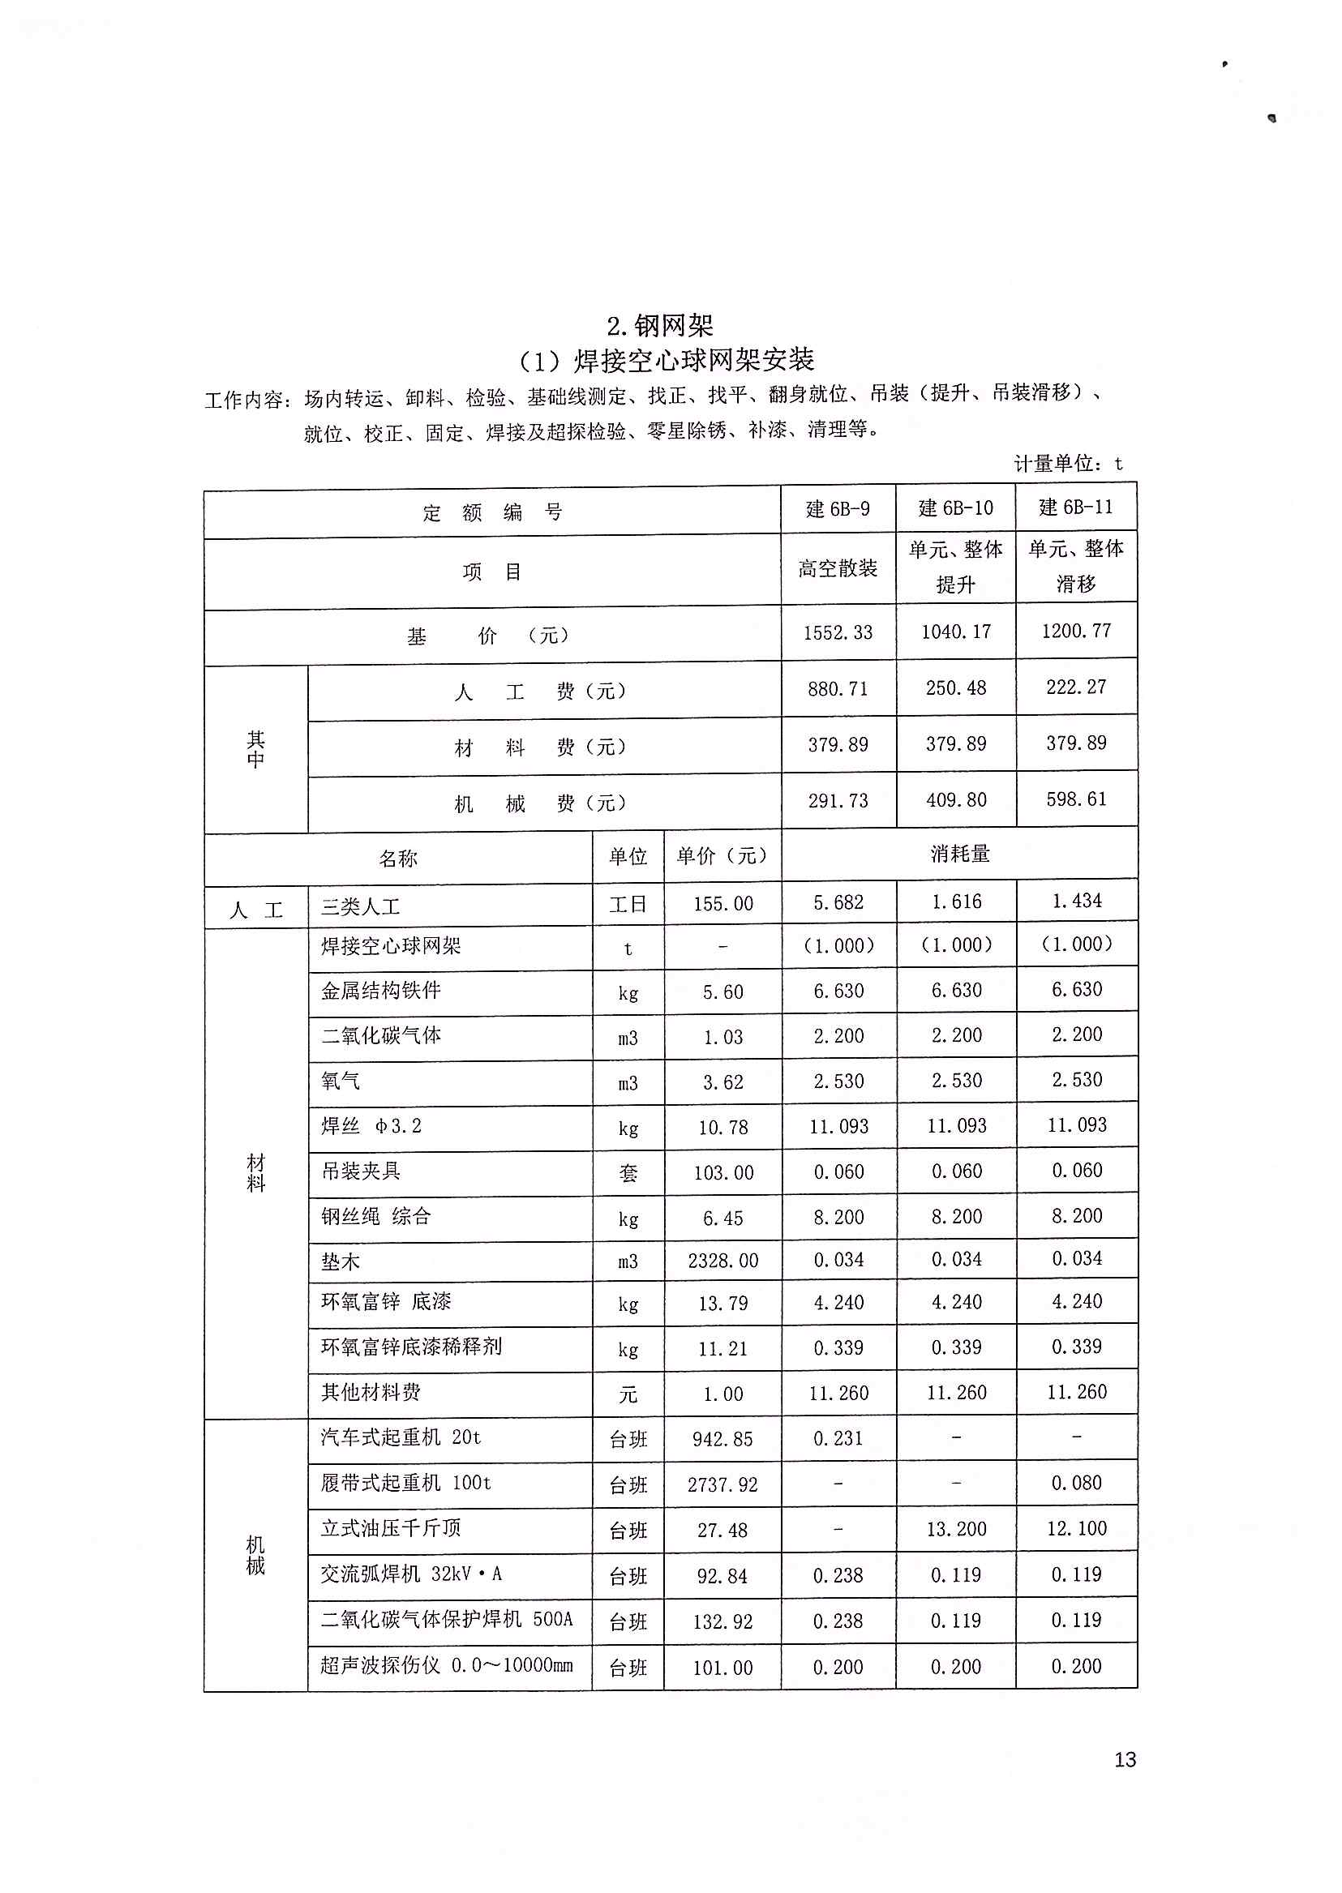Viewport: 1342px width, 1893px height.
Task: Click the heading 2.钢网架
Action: click(659, 327)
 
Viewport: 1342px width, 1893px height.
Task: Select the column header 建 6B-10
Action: click(955, 508)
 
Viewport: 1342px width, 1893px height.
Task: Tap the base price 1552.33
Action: click(837, 633)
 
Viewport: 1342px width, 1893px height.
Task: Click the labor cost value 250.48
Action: click(955, 688)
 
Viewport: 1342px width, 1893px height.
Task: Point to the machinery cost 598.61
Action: click(1076, 799)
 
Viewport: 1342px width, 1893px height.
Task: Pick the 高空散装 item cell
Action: click(837, 568)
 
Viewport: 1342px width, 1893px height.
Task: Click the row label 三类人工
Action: click(360, 907)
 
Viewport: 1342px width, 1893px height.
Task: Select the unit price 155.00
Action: click(723, 904)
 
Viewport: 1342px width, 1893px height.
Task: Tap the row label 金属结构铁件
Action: click(381, 991)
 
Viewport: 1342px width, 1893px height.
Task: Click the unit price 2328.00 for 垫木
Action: click(723, 1261)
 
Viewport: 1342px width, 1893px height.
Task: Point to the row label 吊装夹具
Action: click(360, 1171)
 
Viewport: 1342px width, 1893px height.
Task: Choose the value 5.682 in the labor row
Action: click(838, 903)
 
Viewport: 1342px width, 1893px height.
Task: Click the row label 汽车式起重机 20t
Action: click(401, 1437)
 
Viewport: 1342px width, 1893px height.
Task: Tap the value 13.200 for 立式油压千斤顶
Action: click(956, 1530)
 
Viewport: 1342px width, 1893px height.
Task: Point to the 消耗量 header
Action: click(959, 854)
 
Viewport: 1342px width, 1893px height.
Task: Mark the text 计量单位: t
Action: click(1068, 465)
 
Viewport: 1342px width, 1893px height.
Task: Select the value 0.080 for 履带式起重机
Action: click(1076, 1483)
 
